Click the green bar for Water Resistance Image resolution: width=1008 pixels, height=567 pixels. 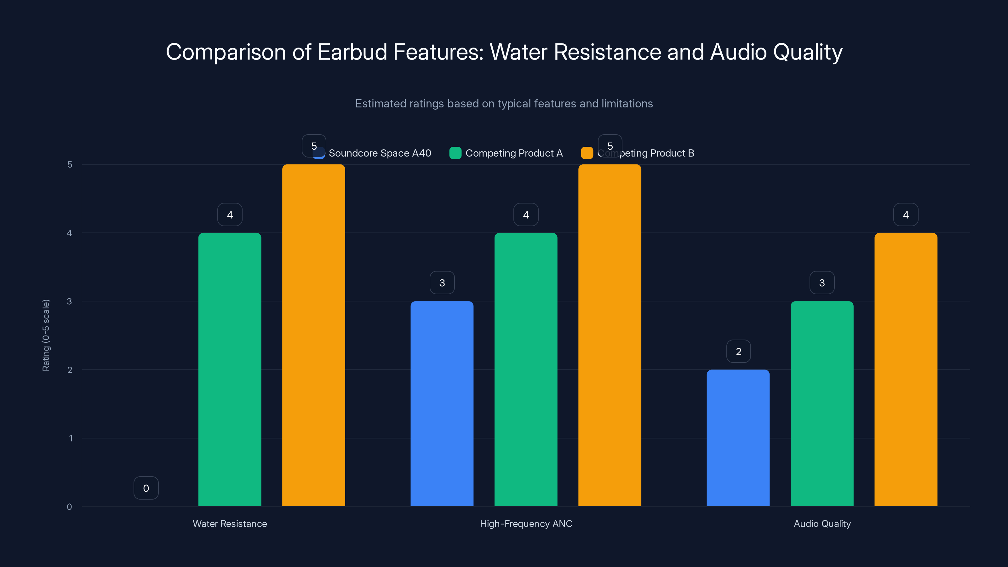point(230,369)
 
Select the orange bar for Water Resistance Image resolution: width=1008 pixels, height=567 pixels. point(313,335)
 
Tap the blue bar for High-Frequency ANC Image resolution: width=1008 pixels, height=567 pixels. point(442,404)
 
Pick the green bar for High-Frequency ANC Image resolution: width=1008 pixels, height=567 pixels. point(525,369)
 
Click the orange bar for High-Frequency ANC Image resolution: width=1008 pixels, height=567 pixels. point(610,335)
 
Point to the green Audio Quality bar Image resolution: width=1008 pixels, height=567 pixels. point(822,404)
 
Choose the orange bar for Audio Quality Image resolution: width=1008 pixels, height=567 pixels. point(906,369)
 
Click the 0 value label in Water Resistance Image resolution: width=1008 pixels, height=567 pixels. point(146,488)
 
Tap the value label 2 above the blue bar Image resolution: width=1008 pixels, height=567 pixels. point(738,352)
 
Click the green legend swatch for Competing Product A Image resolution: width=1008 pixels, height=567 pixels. point(455,153)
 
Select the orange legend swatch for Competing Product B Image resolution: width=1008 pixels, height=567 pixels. point(587,153)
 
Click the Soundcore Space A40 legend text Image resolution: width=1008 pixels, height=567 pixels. point(380,153)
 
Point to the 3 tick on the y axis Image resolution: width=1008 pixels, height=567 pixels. point(70,301)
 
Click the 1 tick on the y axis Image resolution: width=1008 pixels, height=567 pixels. point(71,438)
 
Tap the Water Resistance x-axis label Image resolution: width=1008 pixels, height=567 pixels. point(230,524)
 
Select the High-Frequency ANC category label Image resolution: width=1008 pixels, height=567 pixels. point(526,524)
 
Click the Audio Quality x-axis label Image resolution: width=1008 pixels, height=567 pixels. point(822,524)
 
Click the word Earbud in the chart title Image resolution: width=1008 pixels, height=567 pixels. point(352,52)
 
